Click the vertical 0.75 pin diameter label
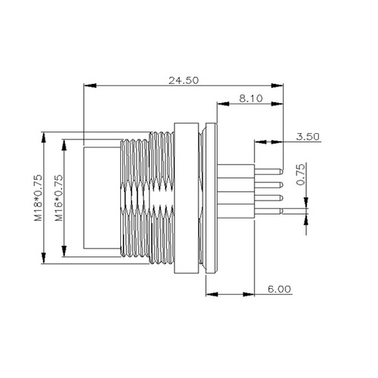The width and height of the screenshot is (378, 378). pyautogui.click(x=301, y=175)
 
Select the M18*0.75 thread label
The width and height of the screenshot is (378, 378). pyautogui.click(x=38, y=199)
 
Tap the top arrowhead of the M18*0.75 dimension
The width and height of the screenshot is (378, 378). pyautogui.click(x=47, y=136)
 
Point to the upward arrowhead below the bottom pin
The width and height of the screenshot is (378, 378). pyautogui.click(x=306, y=218)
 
